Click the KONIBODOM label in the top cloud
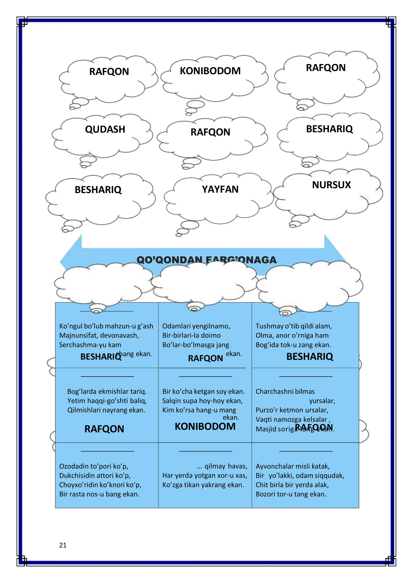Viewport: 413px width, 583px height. [x=210, y=71]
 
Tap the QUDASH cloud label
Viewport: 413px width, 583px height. [x=105, y=129]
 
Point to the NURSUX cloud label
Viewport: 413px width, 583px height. [x=331, y=185]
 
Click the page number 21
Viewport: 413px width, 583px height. [x=63, y=545]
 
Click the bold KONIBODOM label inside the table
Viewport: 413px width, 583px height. [x=205, y=427]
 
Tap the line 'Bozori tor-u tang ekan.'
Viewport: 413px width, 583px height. [x=291, y=494]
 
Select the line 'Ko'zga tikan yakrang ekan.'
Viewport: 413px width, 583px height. [x=203, y=485]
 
